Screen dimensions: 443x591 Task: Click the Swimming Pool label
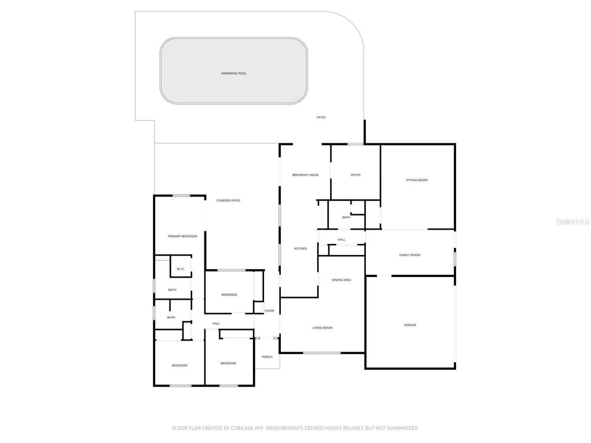pyautogui.click(x=234, y=73)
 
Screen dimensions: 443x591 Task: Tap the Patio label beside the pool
pyautogui.click(x=321, y=117)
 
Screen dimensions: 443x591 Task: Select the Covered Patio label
pyautogui.click(x=228, y=200)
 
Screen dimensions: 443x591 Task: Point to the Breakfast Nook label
pyautogui.click(x=305, y=175)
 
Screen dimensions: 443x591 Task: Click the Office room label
pyautogui.click(x=355, y=175)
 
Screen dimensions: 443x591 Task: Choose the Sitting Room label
pyautogui.click(x=416, y=180)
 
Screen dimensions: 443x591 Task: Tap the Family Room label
pyautogui.click(x=410, y=255)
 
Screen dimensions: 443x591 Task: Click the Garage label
pyautogui.click(x=410, y=325)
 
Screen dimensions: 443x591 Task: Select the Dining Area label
pyautogui.click(x=341, y=280)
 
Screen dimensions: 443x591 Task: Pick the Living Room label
pyautogui.click(x=322, y=328)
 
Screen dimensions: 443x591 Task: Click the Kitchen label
pyautogui.click(x=300, y=249)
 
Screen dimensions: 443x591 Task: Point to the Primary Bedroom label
pyautogui.click(x=182, y=236)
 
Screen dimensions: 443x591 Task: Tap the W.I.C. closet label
pyautogui.click(x=180, y=269)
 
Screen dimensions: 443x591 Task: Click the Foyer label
pyautogui.click(x=269, y=311)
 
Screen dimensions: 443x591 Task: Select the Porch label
pyautogui.click(x=267, y=357)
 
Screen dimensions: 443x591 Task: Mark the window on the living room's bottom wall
pyautogui.click(x=322, y=353)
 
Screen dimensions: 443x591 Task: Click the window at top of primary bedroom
pyautogui.click(x=181, y=196)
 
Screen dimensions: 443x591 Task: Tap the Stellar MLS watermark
pyautogui.click(x=572, y=222)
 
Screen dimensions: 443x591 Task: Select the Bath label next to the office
pyautogui.click(x=346, y=217)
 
